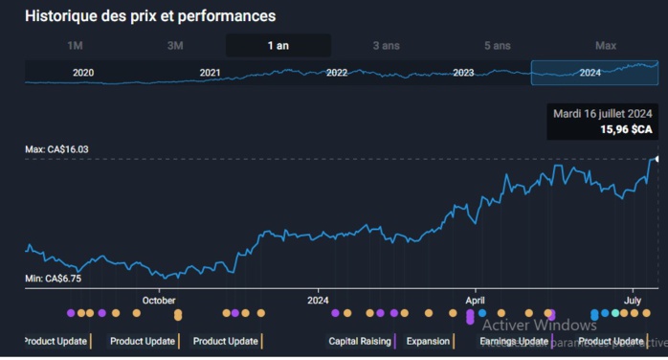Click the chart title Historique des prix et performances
tap(150, 16)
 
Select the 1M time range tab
tap(76, 46)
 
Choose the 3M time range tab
tap(175, 46)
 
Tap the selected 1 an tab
tap(278, 46)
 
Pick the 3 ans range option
tap(387, 46)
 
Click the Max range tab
tap(606, 46)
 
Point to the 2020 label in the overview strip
tap(83, 73)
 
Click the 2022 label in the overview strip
tap(337, 73)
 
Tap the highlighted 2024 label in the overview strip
tap(590, 73)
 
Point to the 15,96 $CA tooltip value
tap(626, 128)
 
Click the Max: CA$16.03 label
tap(56, 149)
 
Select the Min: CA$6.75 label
tap(54, 279)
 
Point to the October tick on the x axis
tap(159, 300)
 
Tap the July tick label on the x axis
tap(633, 300)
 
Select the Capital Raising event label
tap(360, 341)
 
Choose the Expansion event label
tap(428, 341)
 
